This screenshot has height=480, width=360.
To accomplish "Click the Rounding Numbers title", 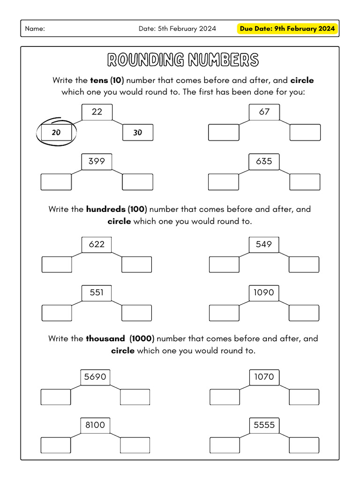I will click(182, 60).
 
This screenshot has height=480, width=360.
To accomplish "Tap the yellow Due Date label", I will click(287, 29).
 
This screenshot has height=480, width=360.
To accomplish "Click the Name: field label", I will click(35, 29).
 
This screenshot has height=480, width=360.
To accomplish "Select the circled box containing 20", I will click(57, 133).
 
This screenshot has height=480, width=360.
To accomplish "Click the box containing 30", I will click(137, 133).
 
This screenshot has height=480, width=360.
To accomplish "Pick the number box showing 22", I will click(97, 112).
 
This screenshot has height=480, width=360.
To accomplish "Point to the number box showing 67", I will click(264, 112).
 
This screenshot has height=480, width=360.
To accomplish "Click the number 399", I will click(97, 161).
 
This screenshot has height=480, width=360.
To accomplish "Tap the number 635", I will click(264, 161).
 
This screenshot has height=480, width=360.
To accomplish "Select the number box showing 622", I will click(97, 244).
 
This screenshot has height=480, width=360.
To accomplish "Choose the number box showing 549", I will click(264, 244).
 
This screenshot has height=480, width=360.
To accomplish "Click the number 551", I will click(97, 292).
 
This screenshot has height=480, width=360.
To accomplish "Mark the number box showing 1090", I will click(264, 292).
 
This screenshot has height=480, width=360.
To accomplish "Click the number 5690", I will click(95, 377).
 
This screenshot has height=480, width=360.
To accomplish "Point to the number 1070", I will click(264, 377).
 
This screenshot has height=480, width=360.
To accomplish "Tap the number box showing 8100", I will click(95, 425).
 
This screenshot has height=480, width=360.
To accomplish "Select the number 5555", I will click(264, 425).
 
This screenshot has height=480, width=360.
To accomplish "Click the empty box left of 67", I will click(224, 133).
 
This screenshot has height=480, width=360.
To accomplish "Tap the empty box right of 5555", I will click(304, 445).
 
